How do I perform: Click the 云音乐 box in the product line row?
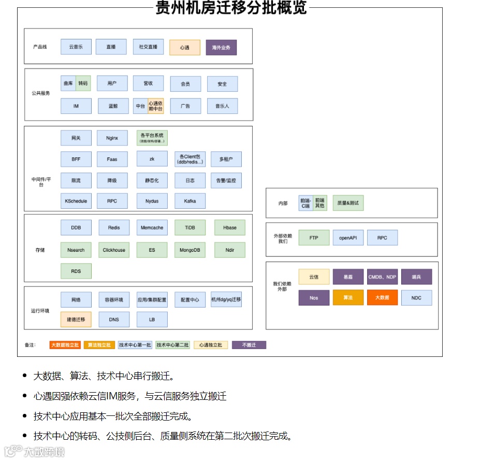[76, 47]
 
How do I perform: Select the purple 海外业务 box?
[221, 48]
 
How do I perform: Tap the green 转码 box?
[83, 83]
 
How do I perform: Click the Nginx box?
[112, 138]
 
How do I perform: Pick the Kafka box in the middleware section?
[190, 201]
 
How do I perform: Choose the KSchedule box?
[76, 201]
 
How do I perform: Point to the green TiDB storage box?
[190, 227]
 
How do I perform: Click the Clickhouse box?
[114, 250]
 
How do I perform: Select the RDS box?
[76, 271]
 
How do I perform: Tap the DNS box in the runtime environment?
[114, 320]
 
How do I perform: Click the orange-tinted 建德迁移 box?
[76, 320]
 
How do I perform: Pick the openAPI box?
[348, 238]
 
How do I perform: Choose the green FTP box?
[314, 238]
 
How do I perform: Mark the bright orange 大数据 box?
[382, 298]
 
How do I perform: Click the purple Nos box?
[314, 298]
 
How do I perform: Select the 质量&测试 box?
[348, 203]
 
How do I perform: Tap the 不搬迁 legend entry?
[249, 345]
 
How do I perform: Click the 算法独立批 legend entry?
[98, 345]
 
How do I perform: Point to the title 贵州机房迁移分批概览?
[231, 8]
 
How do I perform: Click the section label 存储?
[40, 250]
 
